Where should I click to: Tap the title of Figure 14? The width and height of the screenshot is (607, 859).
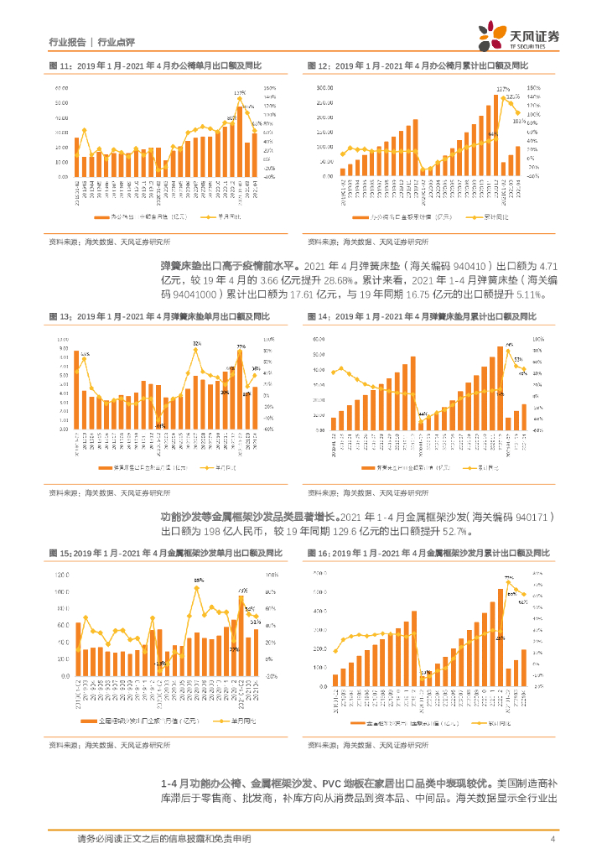pyautogui.click(x=422, y=316)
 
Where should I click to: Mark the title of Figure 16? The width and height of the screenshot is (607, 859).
pyautogui.click(x=428, y=554)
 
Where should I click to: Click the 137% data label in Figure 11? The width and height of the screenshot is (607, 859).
pyautogui.click(x=240, y=92)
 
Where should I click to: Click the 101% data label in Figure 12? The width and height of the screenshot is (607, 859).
pyautogui.click(x=519, y=120)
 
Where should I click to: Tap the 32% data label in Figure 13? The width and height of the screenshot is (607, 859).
pyautogui.click(x=196, y=344)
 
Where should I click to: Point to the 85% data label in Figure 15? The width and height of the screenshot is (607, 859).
pyautogui.click(x=199, y=580)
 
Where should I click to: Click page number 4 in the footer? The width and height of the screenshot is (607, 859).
pyautogui.click(x=553, y=838)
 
